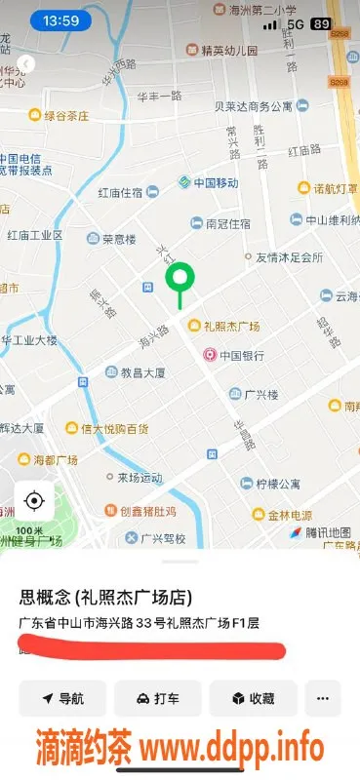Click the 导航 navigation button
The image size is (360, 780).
(x=61, y=698)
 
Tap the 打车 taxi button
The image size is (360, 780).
(x=157, y=698)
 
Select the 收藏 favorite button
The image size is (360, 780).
(x=252, y=698)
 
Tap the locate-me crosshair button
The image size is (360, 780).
(x=34, y=501)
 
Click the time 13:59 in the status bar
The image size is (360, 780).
(x=61, y=19)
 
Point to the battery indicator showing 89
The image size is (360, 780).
(x=319, y=22)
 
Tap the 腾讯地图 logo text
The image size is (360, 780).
(x=327, y=532)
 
